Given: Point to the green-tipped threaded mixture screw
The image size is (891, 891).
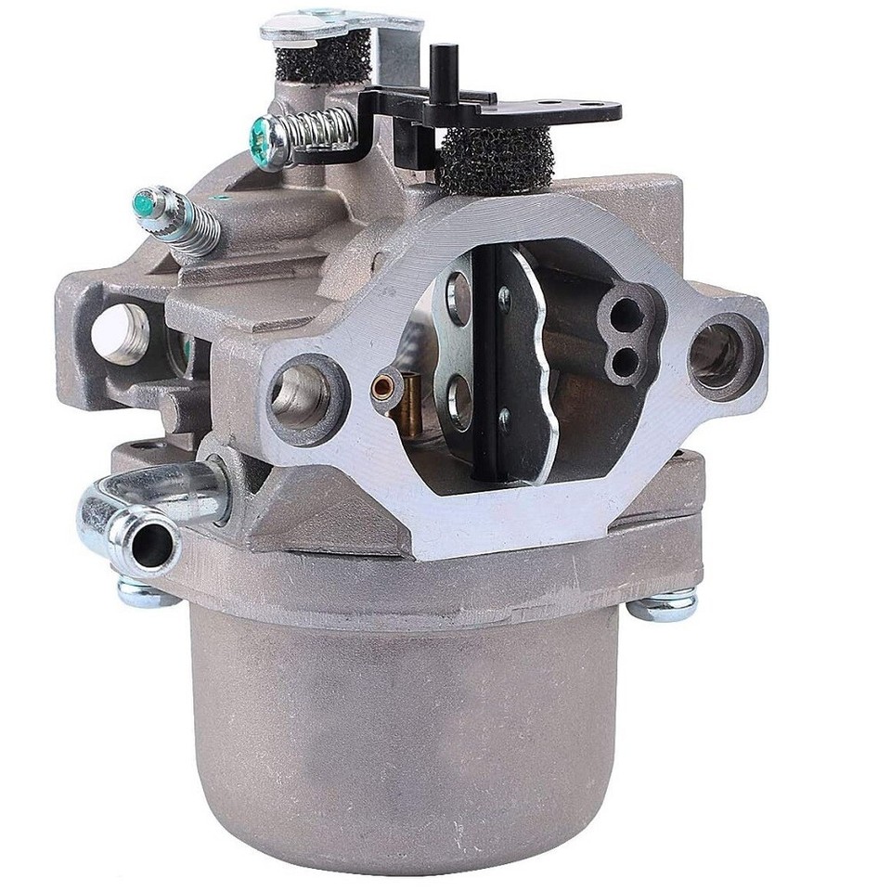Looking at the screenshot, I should coord(176,219).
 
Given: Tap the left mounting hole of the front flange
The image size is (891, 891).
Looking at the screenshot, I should coord(303,394).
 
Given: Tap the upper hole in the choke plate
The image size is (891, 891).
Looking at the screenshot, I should coord(459,298).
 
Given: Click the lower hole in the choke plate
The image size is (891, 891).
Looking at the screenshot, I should coord(459,402).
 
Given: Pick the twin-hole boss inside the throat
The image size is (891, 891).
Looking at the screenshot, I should coord(627,334).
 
